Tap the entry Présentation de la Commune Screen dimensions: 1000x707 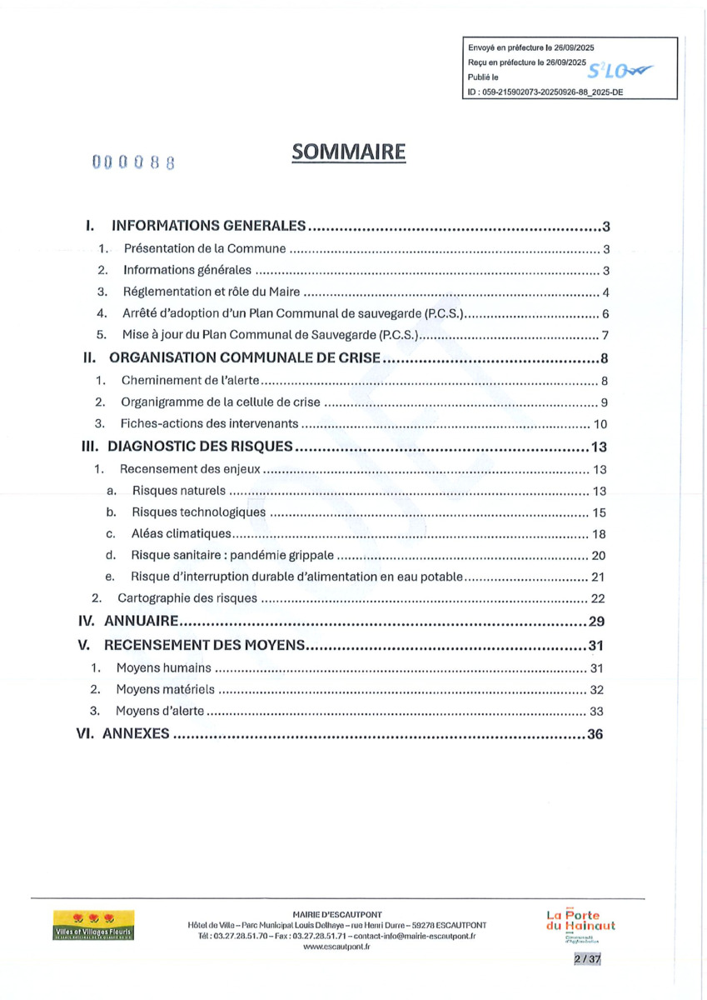(x=205, y=249)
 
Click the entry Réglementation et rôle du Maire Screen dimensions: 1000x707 (x=212, y=292)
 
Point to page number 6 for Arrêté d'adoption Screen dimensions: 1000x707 (x=607, y=314)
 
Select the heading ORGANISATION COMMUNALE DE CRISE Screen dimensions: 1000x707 (x=245, y=359)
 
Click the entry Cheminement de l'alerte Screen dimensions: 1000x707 (x=192, y=382)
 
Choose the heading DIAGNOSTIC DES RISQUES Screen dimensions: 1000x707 (x=200, y=447)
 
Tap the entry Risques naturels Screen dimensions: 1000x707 (x=180, y=491)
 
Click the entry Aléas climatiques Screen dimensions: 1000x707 (x=181, y=534)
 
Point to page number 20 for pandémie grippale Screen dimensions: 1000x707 (x=598, y=556)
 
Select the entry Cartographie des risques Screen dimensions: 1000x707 (x=187, y=599)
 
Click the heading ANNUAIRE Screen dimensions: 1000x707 (x=142, y=622)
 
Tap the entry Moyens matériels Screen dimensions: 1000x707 (x=165, y=689)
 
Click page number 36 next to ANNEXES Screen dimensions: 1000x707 (x=595, y=734)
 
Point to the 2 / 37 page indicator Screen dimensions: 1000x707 (x=587, y=960)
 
